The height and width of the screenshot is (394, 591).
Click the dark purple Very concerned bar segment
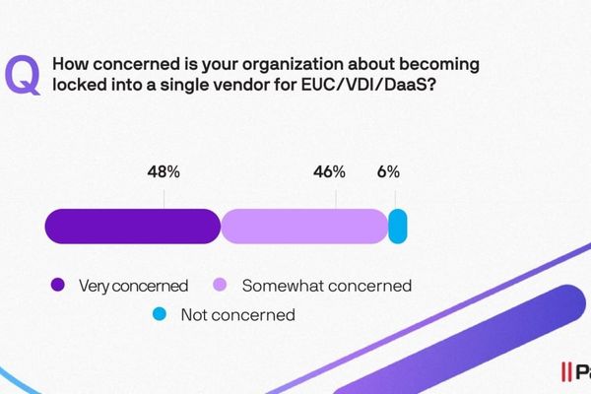pyautogui.click(x=132, y=227)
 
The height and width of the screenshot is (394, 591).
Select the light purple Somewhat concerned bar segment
pyautogui.click(x=303, y=227)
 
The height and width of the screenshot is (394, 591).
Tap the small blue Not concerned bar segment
pyautogui.click(x=398, y=227)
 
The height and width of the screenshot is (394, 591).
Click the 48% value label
pyautogui.click(x=164, y=171)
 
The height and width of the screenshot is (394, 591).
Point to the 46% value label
pyautogui.click(x=329, y=171)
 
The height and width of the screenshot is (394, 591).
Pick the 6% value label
pyautogui.click(x=388, y=171)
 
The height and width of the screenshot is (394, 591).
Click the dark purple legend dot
pyautogui.click(x=58, y=286)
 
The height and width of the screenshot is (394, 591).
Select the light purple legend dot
pyautogui.click(x=222, y=286)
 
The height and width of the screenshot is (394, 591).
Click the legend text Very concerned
pyautogui.click(x=135, y=286)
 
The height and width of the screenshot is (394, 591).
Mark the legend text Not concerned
pyautogui.click(x=237, y=315)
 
